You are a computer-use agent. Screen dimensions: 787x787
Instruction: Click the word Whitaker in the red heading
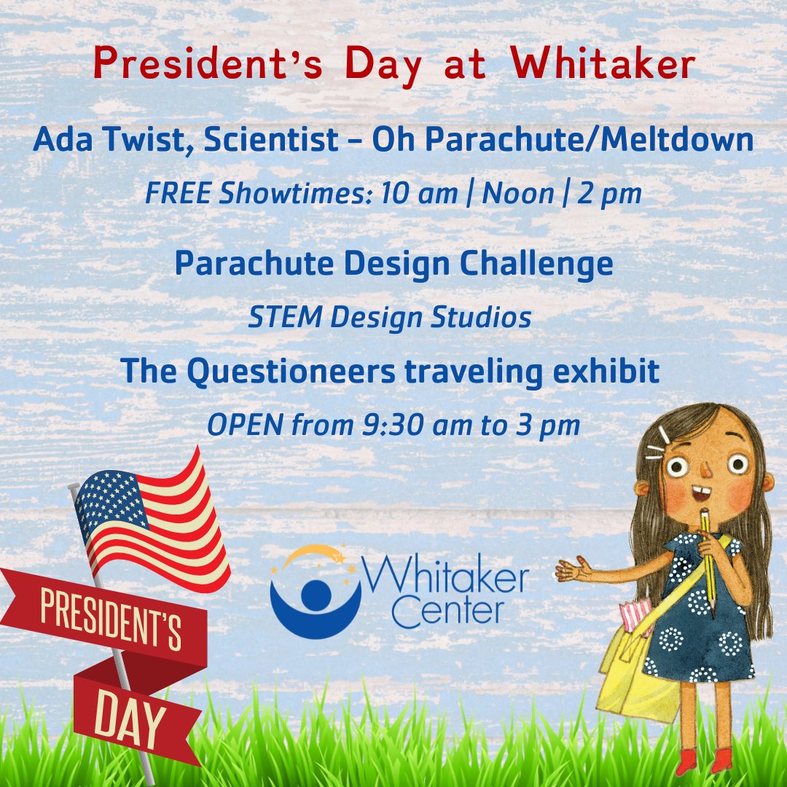[603, 66]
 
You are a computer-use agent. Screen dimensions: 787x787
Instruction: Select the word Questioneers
[291, 372]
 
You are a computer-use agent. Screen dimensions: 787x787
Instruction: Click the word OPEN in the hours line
[245, 426]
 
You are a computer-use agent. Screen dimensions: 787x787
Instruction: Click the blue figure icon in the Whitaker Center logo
[315, 598]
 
